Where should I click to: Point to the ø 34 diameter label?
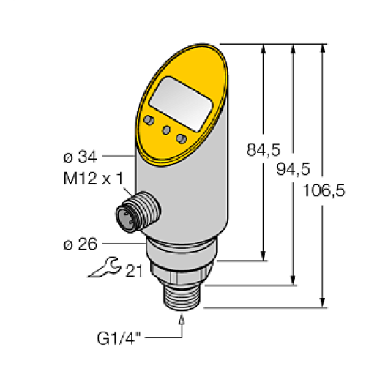(x=79, y=156)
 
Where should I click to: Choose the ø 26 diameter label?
(x=79, y=244)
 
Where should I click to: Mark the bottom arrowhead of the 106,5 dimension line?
(x=322, y=302)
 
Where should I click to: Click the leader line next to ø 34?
(x=117, y=156)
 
